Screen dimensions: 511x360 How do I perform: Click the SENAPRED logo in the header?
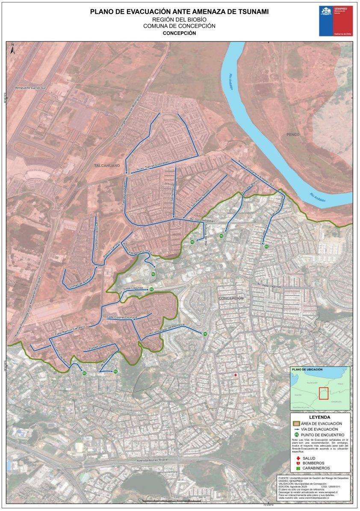pyautogui.click(x=335, y=21)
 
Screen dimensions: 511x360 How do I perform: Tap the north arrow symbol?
pyautogui.click(x=13, y=48)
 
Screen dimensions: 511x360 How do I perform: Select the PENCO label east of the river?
pyautogui.click(x=293, y=134)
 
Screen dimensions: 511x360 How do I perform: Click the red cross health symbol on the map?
pyautogui.click(x=235, y=375)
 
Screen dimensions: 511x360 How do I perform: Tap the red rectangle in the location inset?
pyautogui.click(x=323, y=393)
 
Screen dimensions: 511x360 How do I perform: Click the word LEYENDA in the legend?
pyautogui.click(x=319, y=417)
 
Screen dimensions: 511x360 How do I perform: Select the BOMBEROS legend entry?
pyautogui.click(x=313, y=463)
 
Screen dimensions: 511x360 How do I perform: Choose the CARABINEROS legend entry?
pyautogui.click(x=316, y=469)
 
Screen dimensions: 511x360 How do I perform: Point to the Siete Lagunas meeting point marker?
pyautogui.click(x=151, y=289)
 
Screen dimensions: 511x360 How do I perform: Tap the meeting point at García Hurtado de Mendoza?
pyautogui.click(x=205, y=334)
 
